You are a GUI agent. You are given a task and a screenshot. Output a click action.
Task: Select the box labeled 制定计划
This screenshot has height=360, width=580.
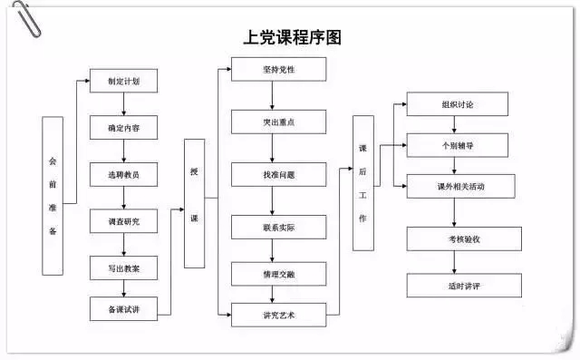[123, 81]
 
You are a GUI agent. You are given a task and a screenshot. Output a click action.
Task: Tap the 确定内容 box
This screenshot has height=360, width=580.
[123, 128]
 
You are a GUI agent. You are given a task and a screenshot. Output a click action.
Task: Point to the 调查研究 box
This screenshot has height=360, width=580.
[123, 221]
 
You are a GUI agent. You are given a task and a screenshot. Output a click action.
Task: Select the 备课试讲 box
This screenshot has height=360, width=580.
[123, 309]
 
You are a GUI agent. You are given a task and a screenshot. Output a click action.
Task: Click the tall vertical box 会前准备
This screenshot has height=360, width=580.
[53, 195]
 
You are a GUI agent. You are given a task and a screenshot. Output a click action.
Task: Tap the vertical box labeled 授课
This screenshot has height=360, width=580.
[194, 203]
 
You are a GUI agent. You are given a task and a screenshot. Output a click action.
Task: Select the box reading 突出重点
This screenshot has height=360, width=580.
[278, 122]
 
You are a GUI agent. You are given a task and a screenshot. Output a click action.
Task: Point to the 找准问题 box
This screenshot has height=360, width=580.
[278, 174]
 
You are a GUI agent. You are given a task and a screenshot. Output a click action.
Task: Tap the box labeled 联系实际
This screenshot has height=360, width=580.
[278, 227]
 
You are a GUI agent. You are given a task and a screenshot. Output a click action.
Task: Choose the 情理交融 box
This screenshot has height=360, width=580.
[278, 272]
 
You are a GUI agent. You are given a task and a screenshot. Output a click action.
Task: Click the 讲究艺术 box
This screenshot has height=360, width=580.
[278, 316]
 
